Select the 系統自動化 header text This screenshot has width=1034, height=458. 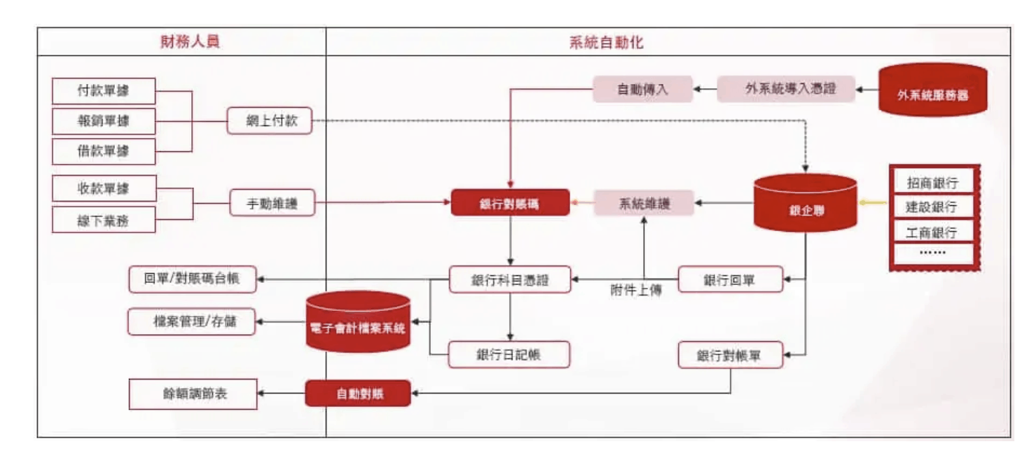606,42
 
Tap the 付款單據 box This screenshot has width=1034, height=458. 104,91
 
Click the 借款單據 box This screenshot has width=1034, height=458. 104,151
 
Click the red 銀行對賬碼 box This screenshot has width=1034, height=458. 510,203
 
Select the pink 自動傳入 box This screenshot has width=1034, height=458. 642,90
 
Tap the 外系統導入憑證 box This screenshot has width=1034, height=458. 786,90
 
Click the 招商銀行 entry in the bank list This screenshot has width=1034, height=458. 932,183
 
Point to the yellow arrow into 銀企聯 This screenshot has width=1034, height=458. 872,203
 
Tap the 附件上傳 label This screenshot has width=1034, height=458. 635,290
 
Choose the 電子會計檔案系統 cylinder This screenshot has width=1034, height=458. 358,324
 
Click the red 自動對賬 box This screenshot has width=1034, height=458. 357,394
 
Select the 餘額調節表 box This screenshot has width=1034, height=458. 193,394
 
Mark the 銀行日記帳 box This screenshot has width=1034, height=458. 509,354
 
